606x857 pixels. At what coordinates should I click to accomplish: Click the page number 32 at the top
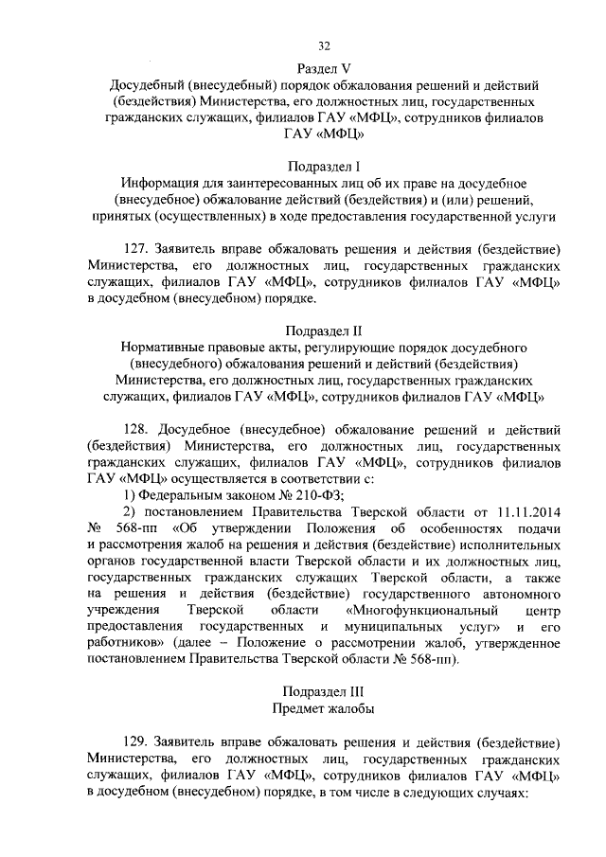click(x=324, y=44)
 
